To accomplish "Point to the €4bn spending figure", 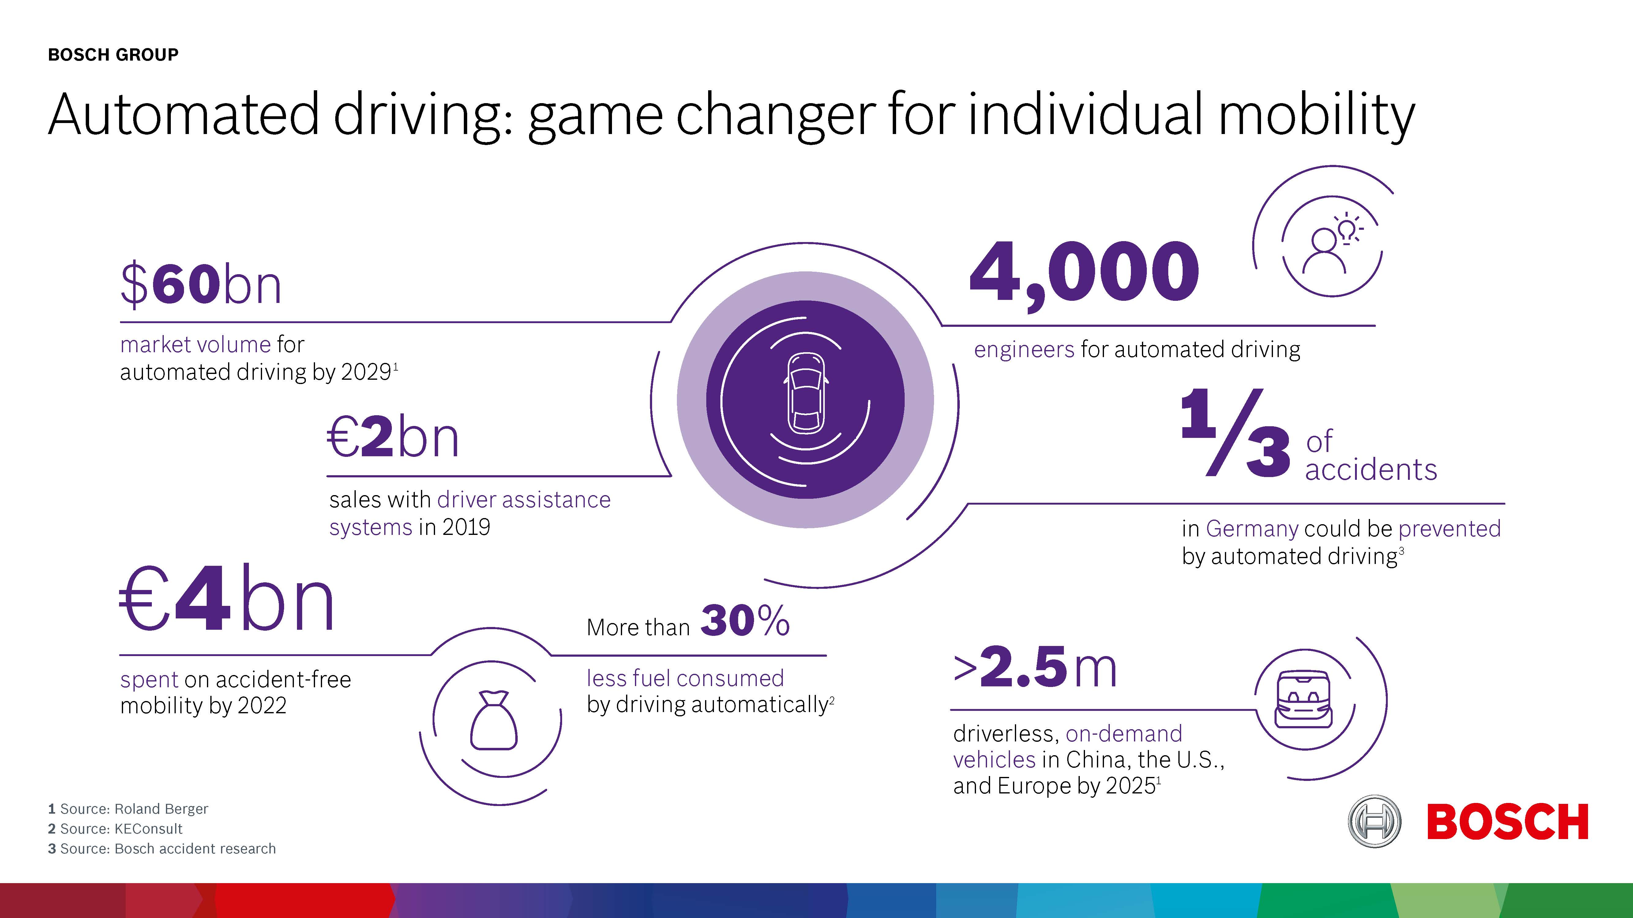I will click(226, 599).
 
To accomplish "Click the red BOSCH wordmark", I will click(1507, 822).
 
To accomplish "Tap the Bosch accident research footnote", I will click(162, 849).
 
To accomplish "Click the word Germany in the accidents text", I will click(1251, 528).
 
